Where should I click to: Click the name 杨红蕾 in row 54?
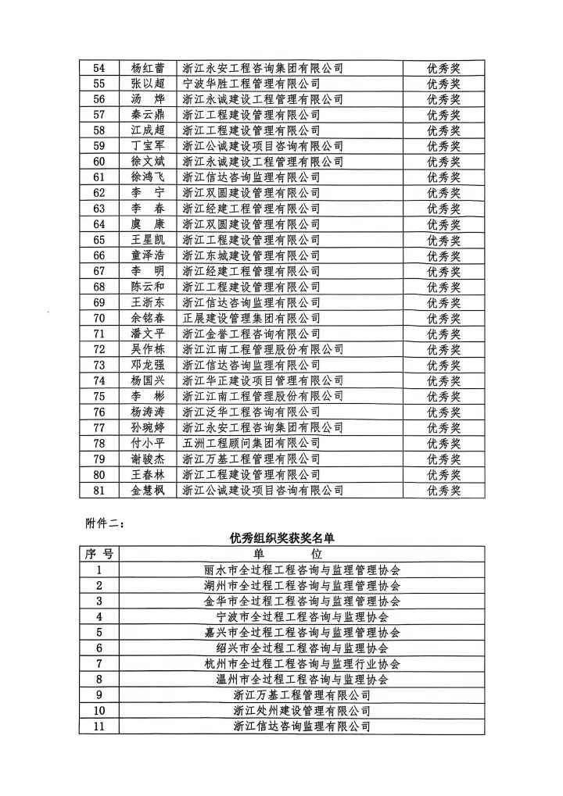click(x=148, y=68)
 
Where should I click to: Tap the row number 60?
click(x=99, y=162)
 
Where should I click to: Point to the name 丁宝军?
click(x=148, y=146)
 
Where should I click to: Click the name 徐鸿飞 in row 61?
click(x=148, y=177)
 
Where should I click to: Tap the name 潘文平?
click(x=148, y=334)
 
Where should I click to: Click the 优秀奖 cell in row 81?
click(x=443, y=491)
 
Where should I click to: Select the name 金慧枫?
click(x=148, y=491)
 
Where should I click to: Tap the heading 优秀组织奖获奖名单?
click(x=281, y=538)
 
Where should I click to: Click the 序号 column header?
click(x=99, y=554)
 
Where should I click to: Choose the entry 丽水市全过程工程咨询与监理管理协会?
click(x=302, y=570)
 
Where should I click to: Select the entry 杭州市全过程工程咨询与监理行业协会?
click(x=302, y=664)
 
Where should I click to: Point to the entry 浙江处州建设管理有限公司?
click(x=302, y=711)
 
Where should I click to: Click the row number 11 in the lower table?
click(x=99, y=726)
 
